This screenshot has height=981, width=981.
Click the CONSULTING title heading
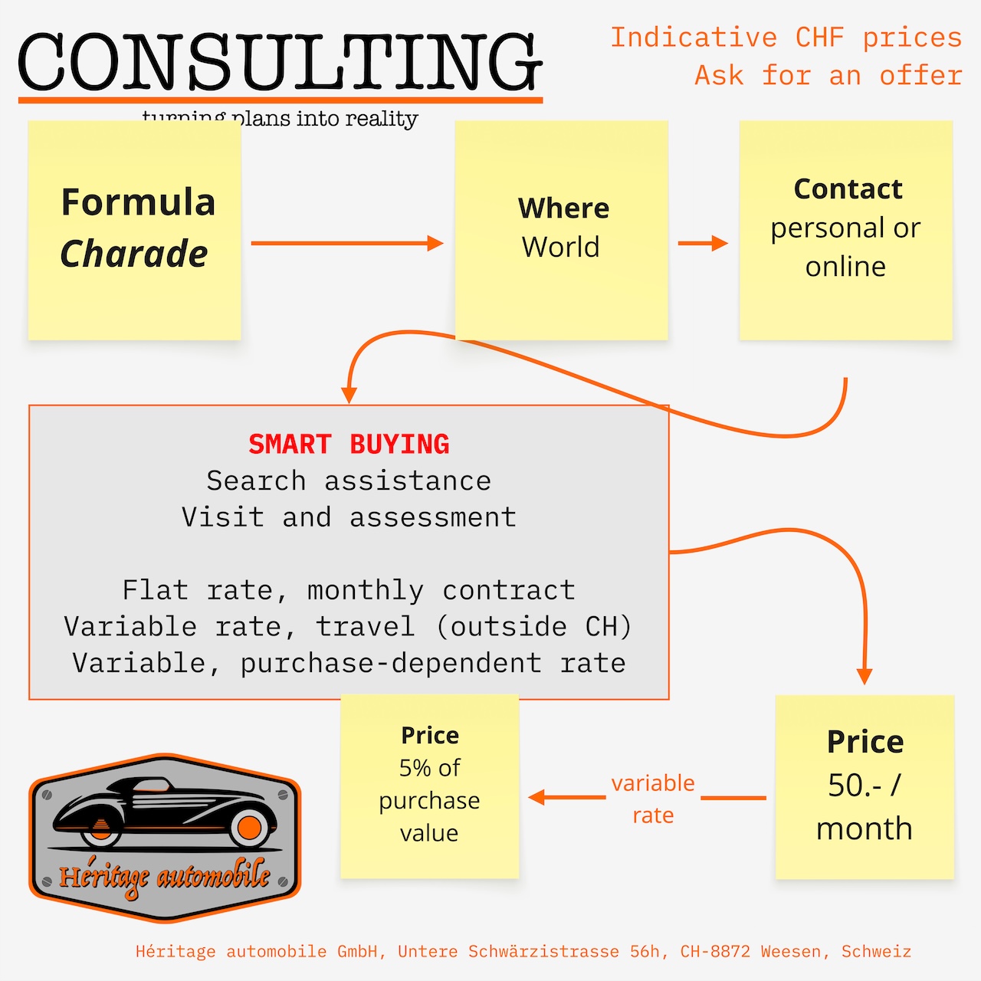[x=280, y=63]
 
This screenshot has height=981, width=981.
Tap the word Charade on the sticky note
[x=134, y=254]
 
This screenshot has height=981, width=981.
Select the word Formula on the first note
[x=138, y=202]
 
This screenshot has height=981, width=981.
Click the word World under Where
[x=561, y=248]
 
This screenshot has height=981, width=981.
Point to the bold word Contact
[x=848, y=189]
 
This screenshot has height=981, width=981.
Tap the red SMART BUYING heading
[x=349, y=445]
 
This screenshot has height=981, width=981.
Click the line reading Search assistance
[x=349, y=481]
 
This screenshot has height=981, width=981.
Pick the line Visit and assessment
[x=349, y=517]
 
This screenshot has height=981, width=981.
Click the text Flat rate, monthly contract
[x=349, y=590]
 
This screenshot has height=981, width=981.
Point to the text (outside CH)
[x=533, y=627]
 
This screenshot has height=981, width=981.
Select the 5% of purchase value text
[x=429, y=800]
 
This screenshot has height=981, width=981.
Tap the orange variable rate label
[x=653, y=799]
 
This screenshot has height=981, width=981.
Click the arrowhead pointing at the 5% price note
[x=536, y=798]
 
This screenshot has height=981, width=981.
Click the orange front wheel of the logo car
[x=249, y=828]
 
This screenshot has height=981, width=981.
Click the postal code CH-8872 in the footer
[x=714, y=952]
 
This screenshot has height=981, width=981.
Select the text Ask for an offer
[x=828, y=76]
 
